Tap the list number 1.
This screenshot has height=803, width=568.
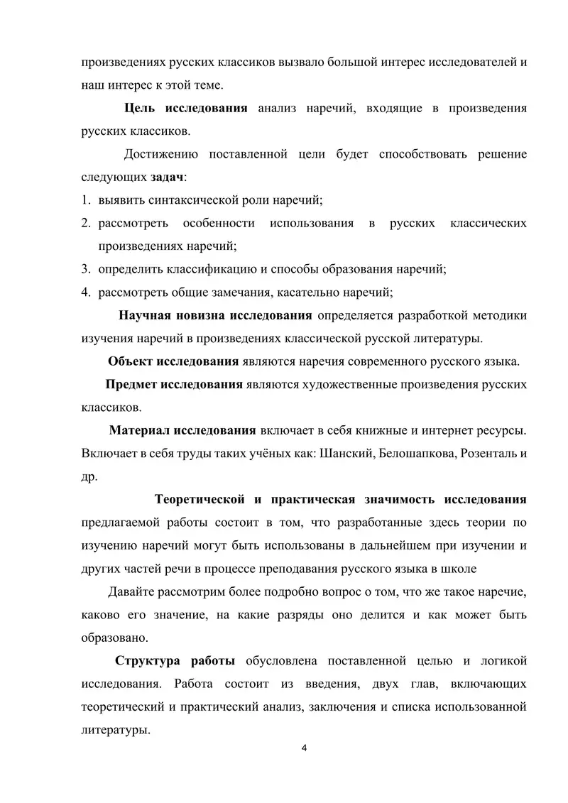84,200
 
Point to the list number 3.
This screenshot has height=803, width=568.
84,269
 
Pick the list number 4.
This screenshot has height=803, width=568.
84,292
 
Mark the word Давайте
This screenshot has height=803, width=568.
132,591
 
